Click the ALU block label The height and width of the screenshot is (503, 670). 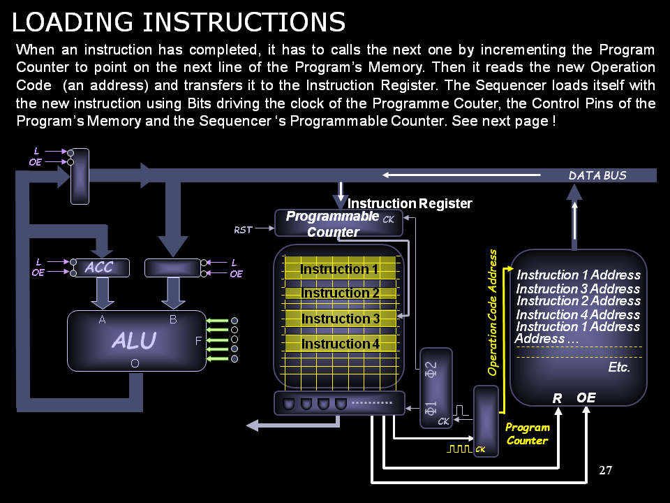pos(134,340)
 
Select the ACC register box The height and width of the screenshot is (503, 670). pos(102,268)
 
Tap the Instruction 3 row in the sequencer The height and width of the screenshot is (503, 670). pos(341,319)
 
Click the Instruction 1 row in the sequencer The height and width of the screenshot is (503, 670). pos(339,269)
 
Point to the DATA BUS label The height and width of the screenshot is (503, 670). pos(597,175)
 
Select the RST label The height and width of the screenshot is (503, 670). pos(244,229)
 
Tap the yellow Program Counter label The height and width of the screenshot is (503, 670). pos(528,434)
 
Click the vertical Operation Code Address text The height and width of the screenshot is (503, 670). pos(493,312)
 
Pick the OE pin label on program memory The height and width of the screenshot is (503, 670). pos(586,398)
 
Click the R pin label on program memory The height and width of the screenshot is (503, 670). pos(557,398)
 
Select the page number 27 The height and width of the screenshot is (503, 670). pos(606,470)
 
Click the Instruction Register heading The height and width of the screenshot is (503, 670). pos(410,204)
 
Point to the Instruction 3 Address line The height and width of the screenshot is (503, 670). pos(578,289)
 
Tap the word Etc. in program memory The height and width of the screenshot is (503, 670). pos(619,367)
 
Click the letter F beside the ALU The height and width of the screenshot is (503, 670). pos(199,341)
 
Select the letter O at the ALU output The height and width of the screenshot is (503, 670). pos(135,363)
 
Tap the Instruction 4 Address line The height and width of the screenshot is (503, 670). pos(578,314)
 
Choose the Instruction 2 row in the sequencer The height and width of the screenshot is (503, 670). pos(341,293)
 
